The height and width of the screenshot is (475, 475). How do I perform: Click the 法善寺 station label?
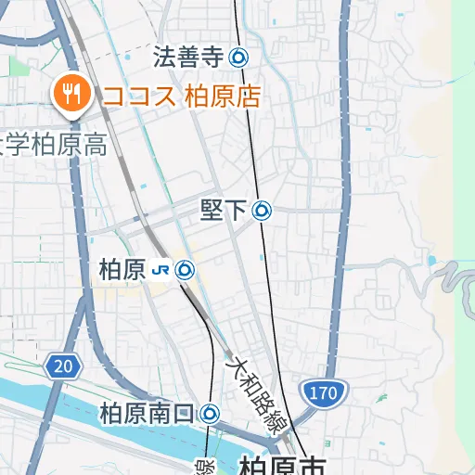click(x=188, y=58)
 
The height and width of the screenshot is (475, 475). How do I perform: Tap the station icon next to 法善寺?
click(x=240, y=58)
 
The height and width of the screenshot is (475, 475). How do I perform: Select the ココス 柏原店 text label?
click(x=180, y=96)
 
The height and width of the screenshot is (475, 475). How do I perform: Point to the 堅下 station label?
click(x=224, y=211)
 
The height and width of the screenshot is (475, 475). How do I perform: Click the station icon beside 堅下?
click(x=263, y=211)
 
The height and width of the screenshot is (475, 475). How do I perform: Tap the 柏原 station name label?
click(x=122, y=270)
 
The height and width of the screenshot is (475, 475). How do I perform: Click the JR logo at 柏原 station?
click(x=161, y=270)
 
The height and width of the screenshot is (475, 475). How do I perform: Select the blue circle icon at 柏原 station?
click(x=186, y=270)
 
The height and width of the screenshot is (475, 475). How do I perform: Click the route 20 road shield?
click(x=62, y=366)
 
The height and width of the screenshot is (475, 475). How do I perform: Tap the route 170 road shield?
click(x=323, y=393)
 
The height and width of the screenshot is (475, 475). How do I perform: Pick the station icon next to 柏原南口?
click(x=212, y=413)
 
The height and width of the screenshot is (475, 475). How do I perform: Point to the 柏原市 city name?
click(x=282, y=463)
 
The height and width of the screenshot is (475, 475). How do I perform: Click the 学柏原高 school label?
click(x=54, y=145)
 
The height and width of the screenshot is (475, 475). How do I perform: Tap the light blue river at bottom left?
click(x=37, y=394)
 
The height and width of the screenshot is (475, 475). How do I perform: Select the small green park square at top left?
click(x=19, y=67)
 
